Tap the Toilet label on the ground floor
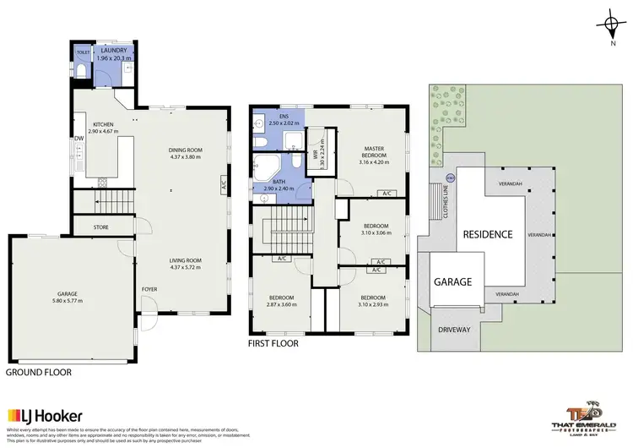click(x=82, y=52)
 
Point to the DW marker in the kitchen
click(x=77, y=138)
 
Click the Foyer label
click(x=149, y=288)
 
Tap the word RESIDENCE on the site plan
click(x=485, y=233)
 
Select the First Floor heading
click(x=273, y=344)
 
